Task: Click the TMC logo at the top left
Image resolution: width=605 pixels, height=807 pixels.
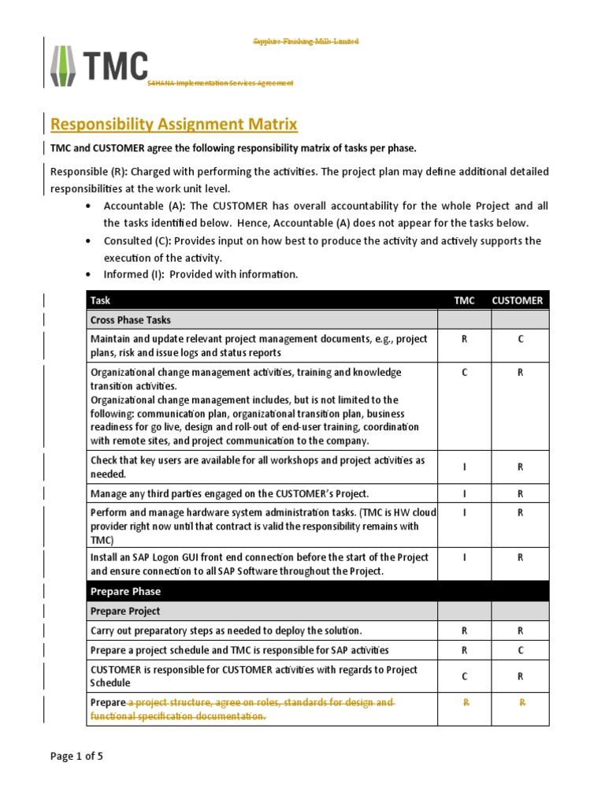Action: [98, 65]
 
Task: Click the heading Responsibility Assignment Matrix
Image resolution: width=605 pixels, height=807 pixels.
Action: [174, 124]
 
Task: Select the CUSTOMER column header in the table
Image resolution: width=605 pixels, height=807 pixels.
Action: [518, 300]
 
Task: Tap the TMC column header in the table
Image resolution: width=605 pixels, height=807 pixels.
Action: [464, 300]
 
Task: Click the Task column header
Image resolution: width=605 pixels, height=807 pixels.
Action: [101, 300]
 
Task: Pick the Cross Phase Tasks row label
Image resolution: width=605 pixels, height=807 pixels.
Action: [131, 320]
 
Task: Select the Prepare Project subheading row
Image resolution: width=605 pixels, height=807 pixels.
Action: [125, 611]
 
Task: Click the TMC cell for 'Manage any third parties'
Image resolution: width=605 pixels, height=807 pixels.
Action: [464, 494]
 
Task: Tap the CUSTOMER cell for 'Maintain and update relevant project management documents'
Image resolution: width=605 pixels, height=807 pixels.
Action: [520, 339]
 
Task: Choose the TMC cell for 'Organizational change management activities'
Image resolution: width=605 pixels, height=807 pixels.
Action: [464, 373]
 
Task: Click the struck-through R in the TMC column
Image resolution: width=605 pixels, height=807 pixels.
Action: [464, 702]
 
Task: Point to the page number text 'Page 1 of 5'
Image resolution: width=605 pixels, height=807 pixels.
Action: [76, 757]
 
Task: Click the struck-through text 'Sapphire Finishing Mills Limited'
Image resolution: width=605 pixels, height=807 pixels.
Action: [305, 41]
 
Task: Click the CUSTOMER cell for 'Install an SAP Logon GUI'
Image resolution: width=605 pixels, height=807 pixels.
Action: [520, 557]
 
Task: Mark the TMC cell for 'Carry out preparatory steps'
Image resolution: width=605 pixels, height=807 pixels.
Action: [464, 630]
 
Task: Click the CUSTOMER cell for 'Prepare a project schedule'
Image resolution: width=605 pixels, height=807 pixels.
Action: [520, 650]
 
